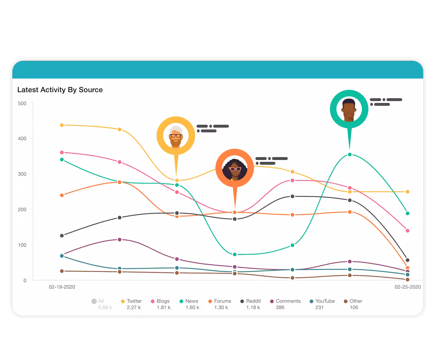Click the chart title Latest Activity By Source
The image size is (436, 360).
(60, 90)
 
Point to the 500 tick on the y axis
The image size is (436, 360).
(22, 104)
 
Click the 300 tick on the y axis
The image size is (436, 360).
(22, 174)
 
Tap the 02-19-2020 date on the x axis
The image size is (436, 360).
(62, 287)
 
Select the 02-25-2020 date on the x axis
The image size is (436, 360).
(408, 287)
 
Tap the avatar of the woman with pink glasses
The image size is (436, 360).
(235, 168)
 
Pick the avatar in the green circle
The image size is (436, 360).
(349, 109)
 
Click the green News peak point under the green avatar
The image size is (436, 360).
(350, 155)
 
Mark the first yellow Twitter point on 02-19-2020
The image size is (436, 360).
(62, 125)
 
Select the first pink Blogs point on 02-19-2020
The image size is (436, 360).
(62, 152)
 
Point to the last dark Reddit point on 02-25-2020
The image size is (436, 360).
(407, 260)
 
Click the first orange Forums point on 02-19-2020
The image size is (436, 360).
(62, 195)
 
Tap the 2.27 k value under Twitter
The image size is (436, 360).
(134, 308)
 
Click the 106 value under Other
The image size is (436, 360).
(354, 308)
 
